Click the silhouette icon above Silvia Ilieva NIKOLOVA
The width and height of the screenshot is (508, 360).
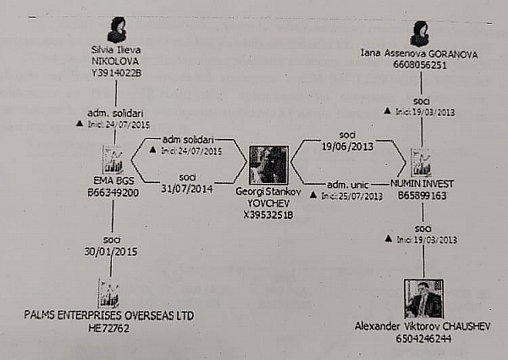click(x=117, y=30)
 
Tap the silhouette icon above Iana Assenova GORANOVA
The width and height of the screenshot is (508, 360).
click(x=419, y=33)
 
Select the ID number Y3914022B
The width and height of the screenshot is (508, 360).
click(x=116, y=73)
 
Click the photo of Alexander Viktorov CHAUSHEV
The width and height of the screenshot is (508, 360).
click(x=422, y=299)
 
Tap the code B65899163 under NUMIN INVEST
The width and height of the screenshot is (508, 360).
click(x=422, y=193)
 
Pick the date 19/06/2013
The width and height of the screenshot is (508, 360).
click(x=346, y=145)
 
